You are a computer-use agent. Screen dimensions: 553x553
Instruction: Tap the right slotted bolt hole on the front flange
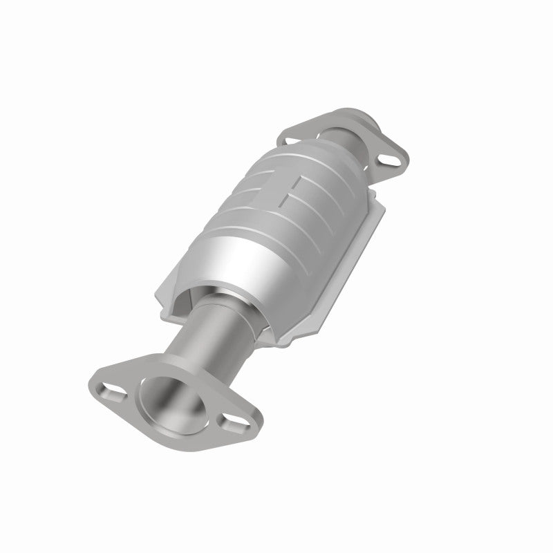[230, 421]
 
